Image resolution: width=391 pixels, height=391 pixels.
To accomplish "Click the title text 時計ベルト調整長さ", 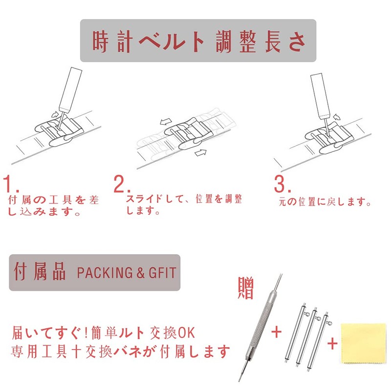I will [198, 41].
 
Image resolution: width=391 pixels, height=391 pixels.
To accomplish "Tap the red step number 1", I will [11, 185].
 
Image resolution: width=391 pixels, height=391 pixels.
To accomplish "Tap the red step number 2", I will [121, 185].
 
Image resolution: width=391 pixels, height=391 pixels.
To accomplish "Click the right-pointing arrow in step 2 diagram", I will [200, 153].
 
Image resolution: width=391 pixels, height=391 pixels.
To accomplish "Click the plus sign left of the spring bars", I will [277, 332].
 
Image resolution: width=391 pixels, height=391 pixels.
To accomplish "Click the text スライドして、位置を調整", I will [184, 199].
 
